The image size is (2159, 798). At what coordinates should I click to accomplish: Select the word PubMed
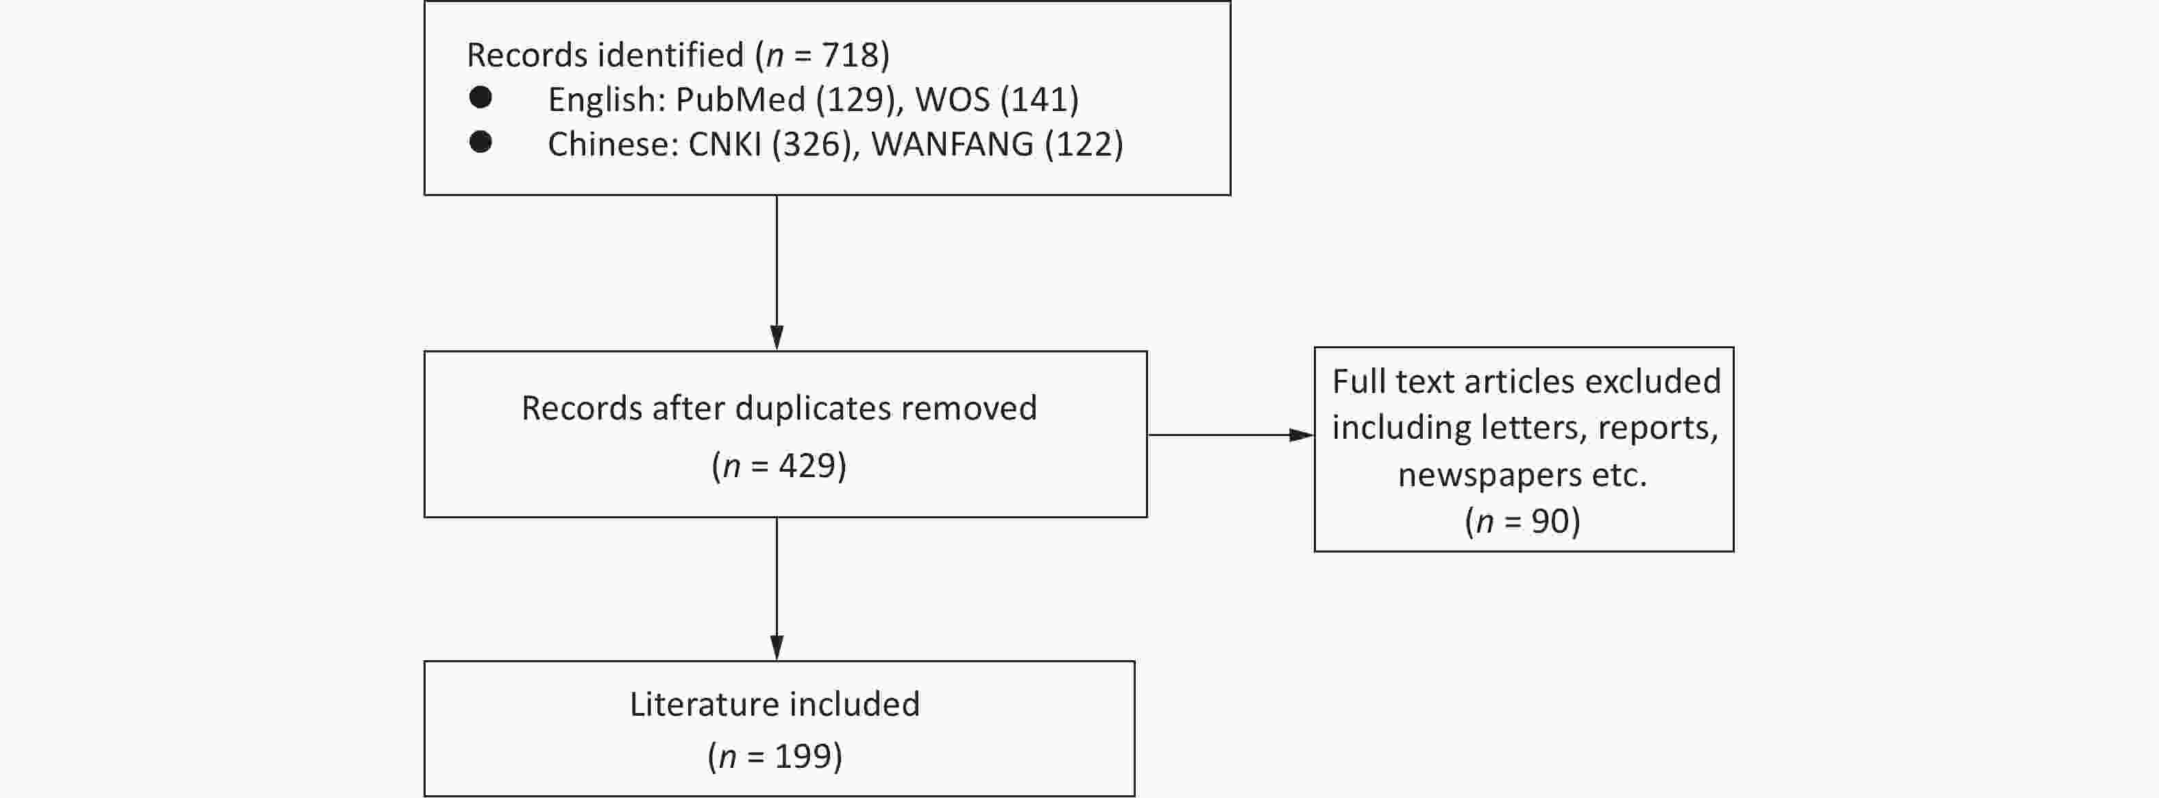click(x=740, y=100)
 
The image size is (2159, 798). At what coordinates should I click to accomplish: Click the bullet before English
click(x=481, y=98)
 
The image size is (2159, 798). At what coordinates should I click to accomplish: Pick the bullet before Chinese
click(x=481, y=143)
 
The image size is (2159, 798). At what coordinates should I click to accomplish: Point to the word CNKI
click(x=725, y=144)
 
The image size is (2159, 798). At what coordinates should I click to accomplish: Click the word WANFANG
click(x=952, y=144)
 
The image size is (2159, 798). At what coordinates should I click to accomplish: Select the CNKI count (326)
click(x=812, y=144)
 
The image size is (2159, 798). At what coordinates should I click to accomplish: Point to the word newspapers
click(x=1489, y=475)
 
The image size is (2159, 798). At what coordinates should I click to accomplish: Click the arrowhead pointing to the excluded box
click(x=1302, y=435)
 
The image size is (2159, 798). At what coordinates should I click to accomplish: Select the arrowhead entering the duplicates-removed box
click(x=777, y=338)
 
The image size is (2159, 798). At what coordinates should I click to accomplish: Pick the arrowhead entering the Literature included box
click(x=777, y=648)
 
